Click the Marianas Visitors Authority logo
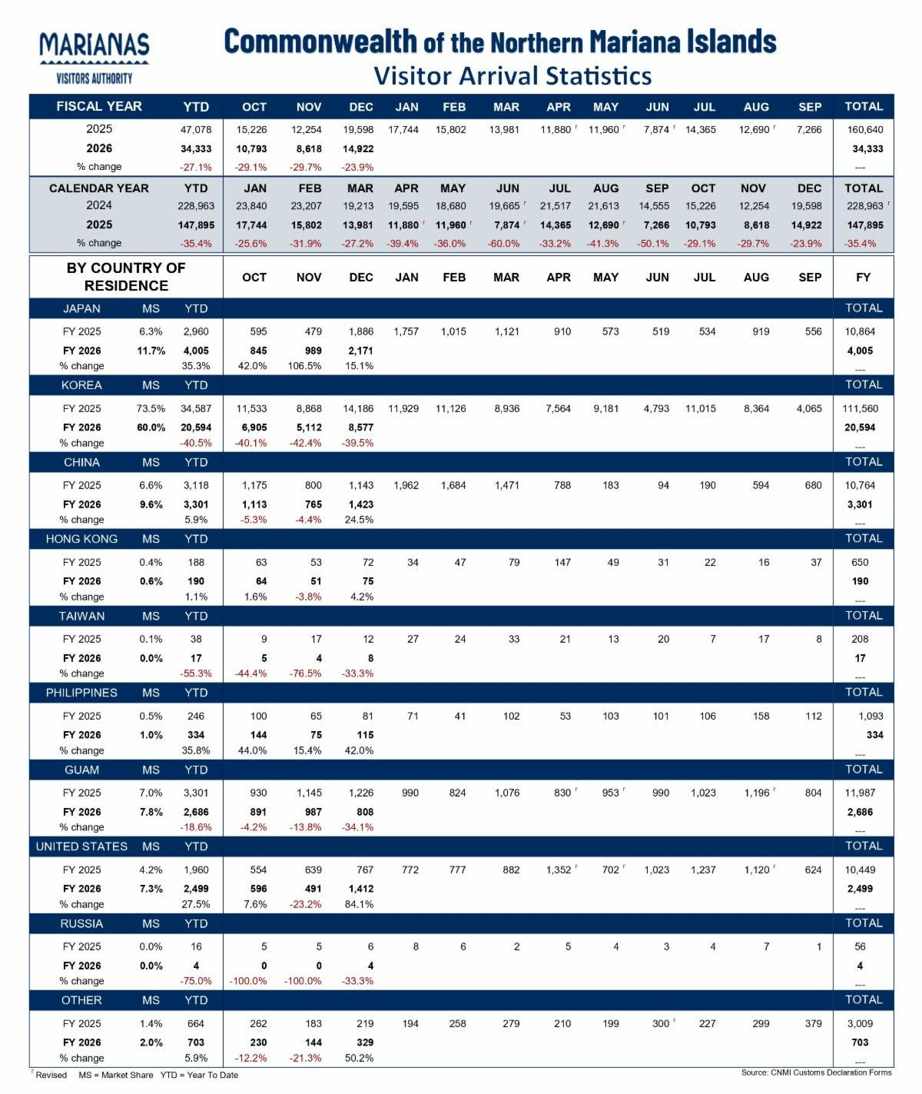coord(94,57)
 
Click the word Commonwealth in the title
coord(320,42)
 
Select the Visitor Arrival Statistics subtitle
coord(512,76)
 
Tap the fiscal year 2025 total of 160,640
coord(864,130)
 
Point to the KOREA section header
coord(81,385)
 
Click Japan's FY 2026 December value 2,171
coord(360,351)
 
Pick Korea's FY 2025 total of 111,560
coord(861,408)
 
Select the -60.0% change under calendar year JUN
coord(503,244)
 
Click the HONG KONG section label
coord(81,539)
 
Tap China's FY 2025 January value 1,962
coord(406,485)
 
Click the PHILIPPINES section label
coord(81,693)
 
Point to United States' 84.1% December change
coord(360,904)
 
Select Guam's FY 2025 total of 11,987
coord(861,793)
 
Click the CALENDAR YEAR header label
coord(99,188)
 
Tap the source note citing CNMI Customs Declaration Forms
coord(816,1072)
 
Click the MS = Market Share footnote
coord(115,1075)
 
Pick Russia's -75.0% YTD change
coord(196,981)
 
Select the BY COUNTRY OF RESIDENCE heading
coord(126,277)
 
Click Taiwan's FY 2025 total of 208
coord(860,639)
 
